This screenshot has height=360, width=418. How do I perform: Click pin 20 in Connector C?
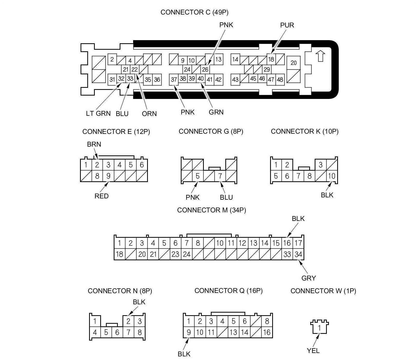[293, 63]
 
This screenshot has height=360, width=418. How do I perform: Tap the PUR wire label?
[287, 25]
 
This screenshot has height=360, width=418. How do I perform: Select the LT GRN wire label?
[98, 113]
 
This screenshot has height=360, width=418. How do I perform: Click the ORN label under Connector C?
[149, 114]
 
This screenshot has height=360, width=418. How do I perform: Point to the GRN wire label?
[216, 112]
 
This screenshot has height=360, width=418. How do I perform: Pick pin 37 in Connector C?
[174, 80]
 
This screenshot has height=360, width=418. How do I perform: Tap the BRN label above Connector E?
[94, 144]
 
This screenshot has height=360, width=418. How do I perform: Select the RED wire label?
[101, 196]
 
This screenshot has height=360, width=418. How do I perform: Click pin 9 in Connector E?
[108, 176]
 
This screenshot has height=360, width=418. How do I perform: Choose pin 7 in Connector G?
[220, 176]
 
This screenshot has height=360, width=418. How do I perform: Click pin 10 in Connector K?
[332, 176]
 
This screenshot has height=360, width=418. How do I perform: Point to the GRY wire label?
[308, 278]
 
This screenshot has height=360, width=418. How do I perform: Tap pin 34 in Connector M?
[298, 254]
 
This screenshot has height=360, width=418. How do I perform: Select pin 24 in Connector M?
[186, 254]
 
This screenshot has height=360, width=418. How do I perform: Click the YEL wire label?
[313, 351]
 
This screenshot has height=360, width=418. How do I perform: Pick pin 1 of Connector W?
[320, 328]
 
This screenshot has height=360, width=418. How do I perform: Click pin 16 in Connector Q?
[267, 332]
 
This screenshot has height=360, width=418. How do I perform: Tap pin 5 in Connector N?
[106, 332]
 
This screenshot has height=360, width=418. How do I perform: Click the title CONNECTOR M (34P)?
[211, 210]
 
